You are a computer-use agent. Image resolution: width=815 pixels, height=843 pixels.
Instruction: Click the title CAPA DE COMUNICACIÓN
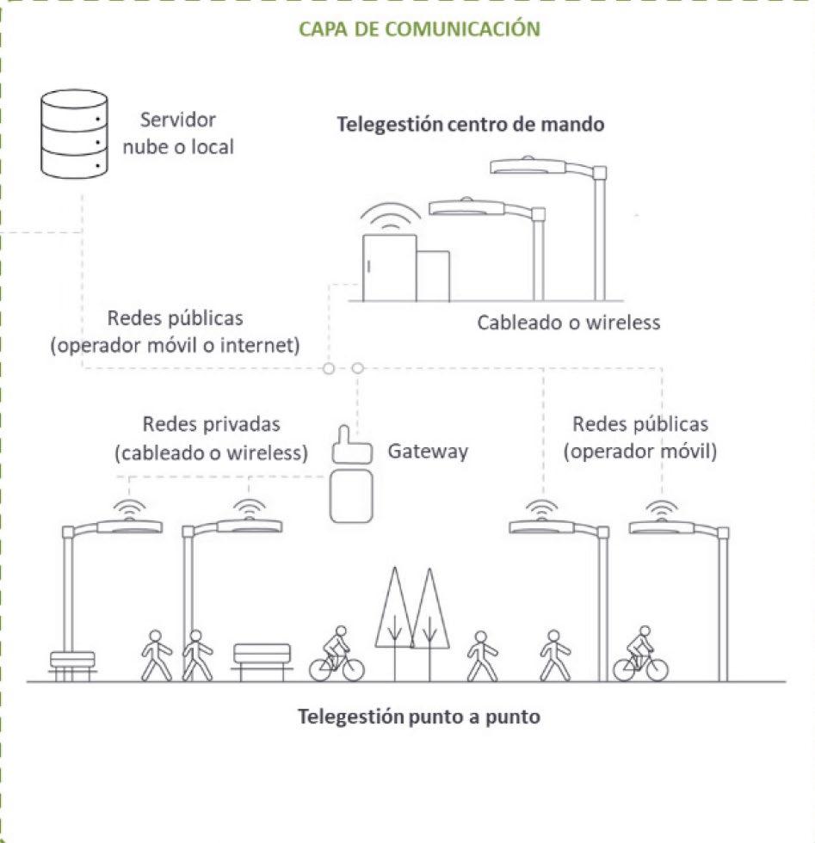point(419,28)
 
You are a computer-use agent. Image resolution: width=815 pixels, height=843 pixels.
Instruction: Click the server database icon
point(74,134)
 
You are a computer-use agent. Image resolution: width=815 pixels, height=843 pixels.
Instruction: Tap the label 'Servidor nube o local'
point(187,133)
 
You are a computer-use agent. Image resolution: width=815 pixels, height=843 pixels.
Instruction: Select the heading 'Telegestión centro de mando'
point(470,124)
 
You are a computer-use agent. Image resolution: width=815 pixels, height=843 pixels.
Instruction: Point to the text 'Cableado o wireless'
point(569,323)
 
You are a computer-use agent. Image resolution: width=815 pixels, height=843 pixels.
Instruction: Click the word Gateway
point(428,450)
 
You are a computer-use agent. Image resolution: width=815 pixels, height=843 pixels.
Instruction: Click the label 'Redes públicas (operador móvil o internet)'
point(176,332)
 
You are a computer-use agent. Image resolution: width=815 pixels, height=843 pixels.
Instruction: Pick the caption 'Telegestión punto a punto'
point(419,716)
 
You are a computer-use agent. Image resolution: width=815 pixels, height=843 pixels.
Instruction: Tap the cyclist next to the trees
point(336,655)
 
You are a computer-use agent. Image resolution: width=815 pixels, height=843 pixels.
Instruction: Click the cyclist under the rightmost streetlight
point(640,655)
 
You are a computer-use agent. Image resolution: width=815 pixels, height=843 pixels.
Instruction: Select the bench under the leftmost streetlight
point(72,665)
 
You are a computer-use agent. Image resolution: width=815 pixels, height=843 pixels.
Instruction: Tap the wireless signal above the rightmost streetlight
point(662,509)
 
